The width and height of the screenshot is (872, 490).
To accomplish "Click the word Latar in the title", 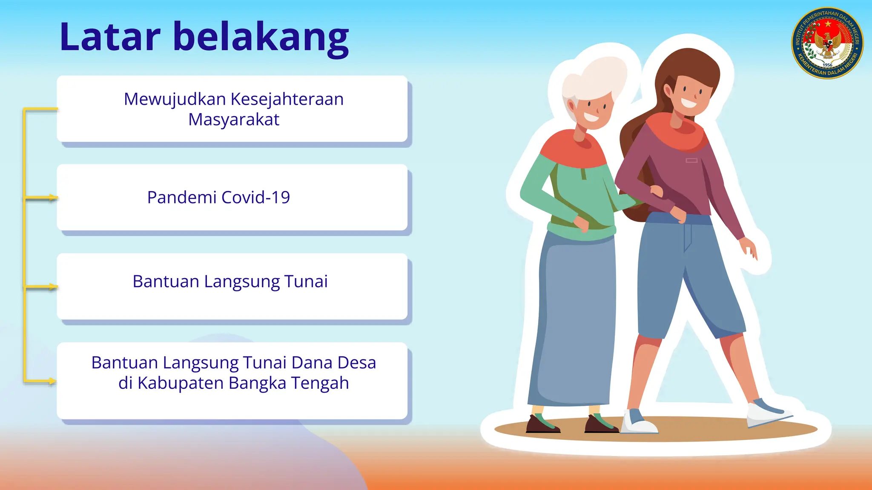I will coord(110,37).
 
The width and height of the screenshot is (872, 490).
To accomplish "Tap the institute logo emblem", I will coord(827,43).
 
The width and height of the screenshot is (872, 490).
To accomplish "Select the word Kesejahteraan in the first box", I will coord(287,99).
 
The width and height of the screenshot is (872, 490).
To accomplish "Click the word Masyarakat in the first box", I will coord(234,120).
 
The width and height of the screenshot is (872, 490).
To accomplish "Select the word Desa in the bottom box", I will coord(356,363).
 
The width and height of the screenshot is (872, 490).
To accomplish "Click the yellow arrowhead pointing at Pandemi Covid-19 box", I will coord(53,198).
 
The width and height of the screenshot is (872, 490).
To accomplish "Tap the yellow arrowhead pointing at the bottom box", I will coord(52,381).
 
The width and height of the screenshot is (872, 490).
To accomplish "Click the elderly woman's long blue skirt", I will coord(575,323).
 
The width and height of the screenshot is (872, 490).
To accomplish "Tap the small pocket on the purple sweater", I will coord(691,160).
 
